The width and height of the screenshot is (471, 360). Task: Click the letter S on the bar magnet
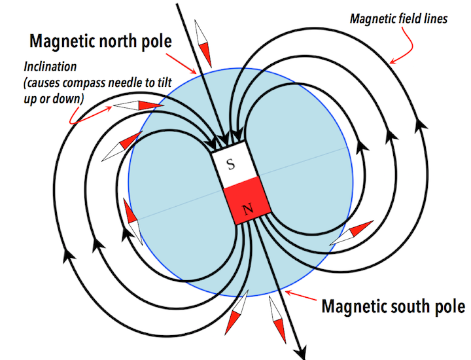pyautogui.click(x=230, y=164)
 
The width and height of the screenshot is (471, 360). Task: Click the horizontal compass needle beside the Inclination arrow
pyautogui.click(x=139, y=105)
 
